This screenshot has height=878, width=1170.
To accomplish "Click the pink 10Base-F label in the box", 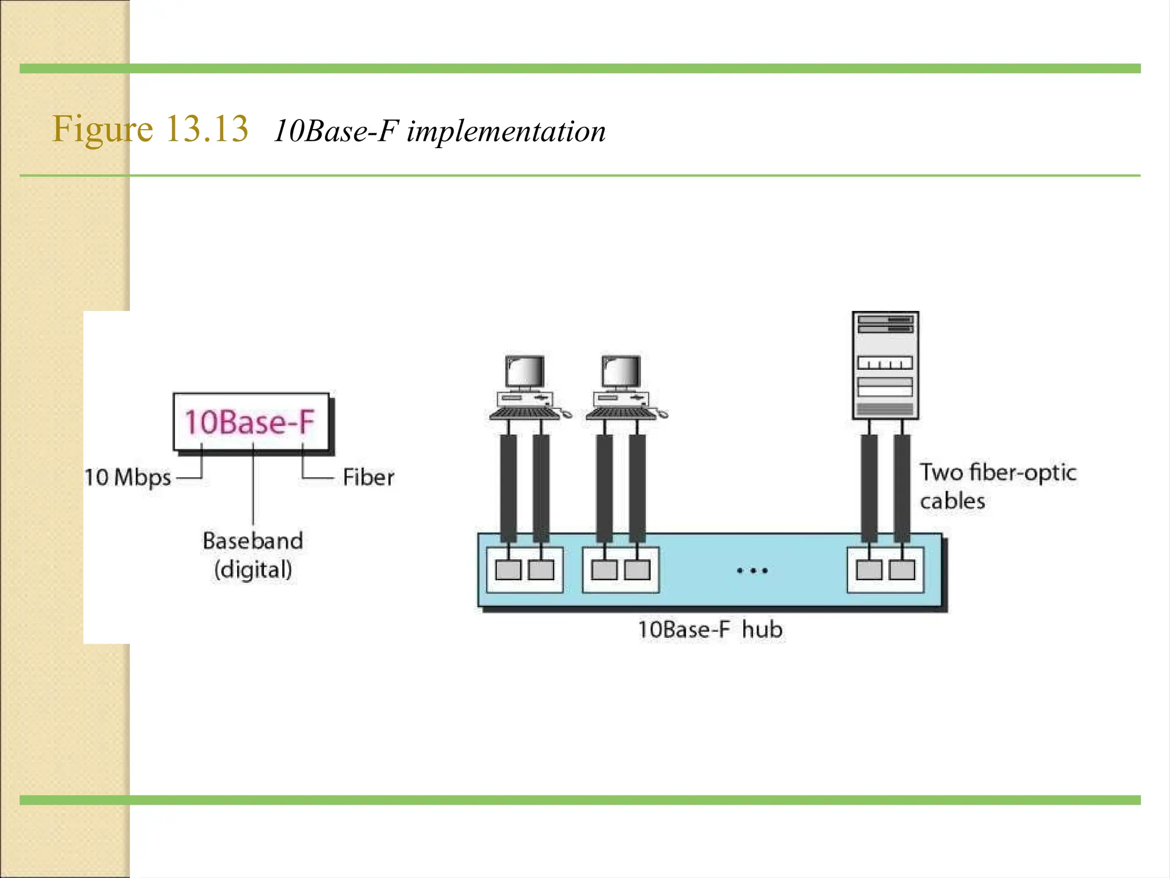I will [x=250, y=422].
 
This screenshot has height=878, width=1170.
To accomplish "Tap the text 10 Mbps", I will [x=128, y=477].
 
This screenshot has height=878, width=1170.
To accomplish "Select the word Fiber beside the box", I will [x=368, y=477].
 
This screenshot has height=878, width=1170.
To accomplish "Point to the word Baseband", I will [x=253, y=541].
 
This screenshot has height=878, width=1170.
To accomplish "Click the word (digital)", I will [x=253, y=570].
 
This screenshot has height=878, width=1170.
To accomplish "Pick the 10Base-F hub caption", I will [x=710, y=629].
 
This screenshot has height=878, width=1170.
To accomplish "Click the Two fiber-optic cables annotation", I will [x=997, y=486].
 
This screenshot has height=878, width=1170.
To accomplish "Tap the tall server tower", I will [x=885, y=365].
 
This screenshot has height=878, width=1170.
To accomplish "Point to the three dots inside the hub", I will [x=752, y=570].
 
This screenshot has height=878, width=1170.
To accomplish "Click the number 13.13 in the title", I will [x=207, y=129].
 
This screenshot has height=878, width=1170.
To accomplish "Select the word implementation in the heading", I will [x=506, y=131].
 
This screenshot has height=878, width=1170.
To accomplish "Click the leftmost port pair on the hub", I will [x=524, y=570].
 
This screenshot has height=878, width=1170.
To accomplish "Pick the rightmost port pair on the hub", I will [x=885, y=570].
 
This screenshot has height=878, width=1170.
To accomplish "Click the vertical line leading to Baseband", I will [x=253, y=486].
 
